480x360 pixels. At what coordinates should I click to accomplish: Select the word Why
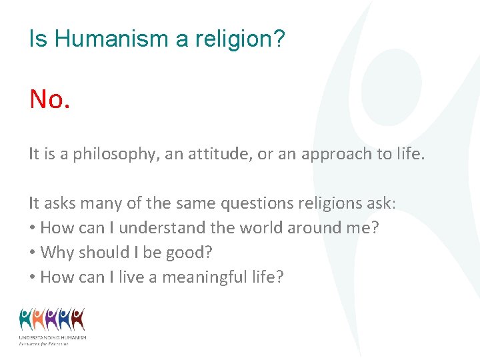pyautogui.click(x=57, y=252)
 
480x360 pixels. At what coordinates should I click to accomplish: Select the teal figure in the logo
pyautogui.click(x=26, y=319)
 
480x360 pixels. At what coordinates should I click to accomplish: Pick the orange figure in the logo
pyautogui.click(x=39, y=319)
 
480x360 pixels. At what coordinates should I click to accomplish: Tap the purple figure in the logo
pyautogui.click(x=52, y=319)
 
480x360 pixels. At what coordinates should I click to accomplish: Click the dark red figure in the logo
pyautogui.click(x=78, y=319)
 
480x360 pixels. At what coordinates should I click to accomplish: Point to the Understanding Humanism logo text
pyautogui.click(x=53, y=338)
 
